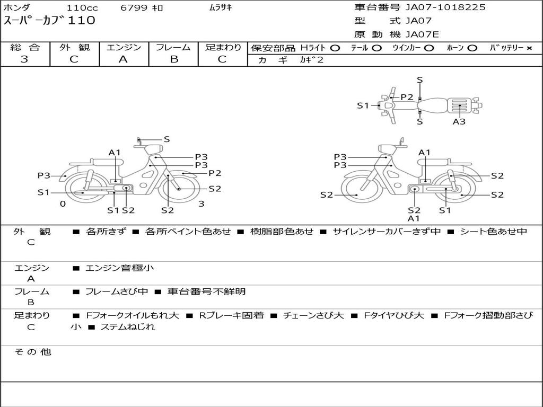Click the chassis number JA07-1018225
click(x=445, y=7)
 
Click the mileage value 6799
click(x=134, y=7)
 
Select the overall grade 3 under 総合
click(x=24, y=59)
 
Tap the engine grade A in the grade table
click(x=123, y=59)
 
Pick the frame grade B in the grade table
click(x=174, y=59)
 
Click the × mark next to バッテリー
click(x=529, y=48)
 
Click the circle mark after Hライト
click(x=335, y=48)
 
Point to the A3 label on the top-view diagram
click(x=459, y=121)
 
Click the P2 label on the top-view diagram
click(x=407, y=98)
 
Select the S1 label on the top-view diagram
click(x=363, y=105)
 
